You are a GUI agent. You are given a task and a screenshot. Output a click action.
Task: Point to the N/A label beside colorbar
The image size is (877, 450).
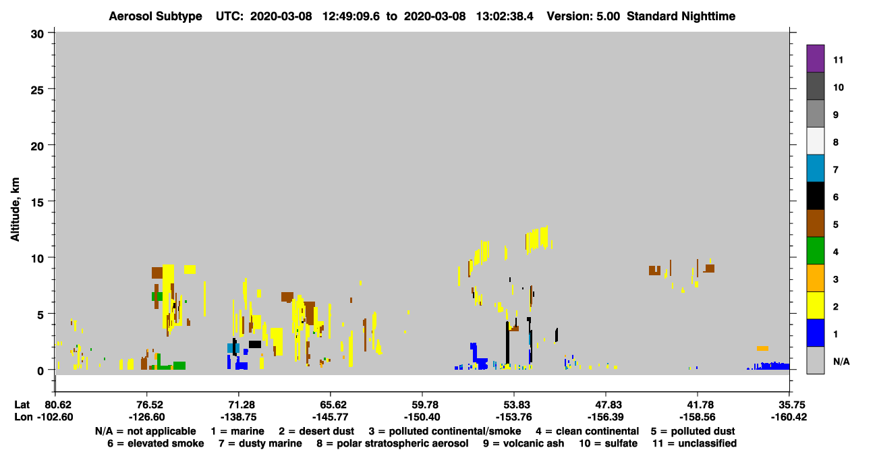click(x=841, y=362)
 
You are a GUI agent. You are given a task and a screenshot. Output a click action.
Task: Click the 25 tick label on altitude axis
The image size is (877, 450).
click(x=37, y=90)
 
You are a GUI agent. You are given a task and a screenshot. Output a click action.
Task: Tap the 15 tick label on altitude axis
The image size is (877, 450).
click(x=37, y=202)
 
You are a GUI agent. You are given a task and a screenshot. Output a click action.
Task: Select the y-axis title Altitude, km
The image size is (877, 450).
click(x=15, y=210)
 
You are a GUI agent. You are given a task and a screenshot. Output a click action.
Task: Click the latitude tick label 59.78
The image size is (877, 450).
click(x=422, y=405)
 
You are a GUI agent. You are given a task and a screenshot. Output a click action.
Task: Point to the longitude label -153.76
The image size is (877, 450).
click(x=514, y=417)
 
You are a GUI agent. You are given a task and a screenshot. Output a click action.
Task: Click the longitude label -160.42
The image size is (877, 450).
click(x=789, y=417)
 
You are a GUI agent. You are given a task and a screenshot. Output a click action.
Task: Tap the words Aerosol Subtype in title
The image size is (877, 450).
click(x=155, y=16)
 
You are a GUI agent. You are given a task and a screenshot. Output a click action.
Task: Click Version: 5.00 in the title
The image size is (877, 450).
click(x=584, y=16)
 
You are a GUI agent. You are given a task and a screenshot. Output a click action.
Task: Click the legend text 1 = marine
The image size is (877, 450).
click(x=237, y=431)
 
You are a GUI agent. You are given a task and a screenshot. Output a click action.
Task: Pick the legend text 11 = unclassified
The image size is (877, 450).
click(x=695, y=443)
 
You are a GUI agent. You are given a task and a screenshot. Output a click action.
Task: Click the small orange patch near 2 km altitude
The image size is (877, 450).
click(x=762, y=348)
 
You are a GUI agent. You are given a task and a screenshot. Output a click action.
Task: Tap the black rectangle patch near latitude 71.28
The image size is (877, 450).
click(x=255, y=344)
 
